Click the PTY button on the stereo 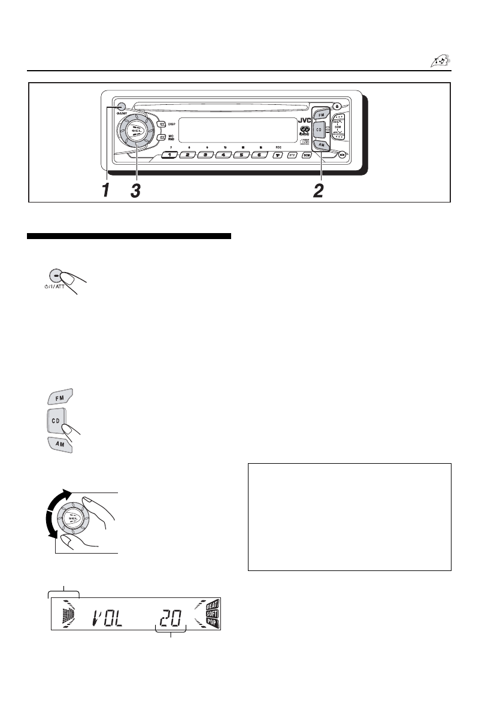(293, 155)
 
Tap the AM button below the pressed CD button (60, 445)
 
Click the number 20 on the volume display (172, 616)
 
